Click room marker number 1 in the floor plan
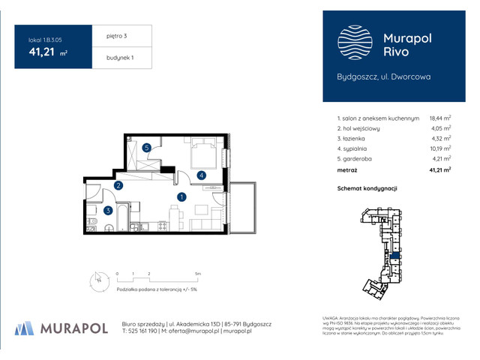pos(181,197)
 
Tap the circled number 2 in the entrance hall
pos(118,186)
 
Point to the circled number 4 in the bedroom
pos(202,175)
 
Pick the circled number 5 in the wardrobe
pos(148,148)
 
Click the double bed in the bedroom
pos(203,154)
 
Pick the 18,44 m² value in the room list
pos(439,118)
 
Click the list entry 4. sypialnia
pos(357,148)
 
